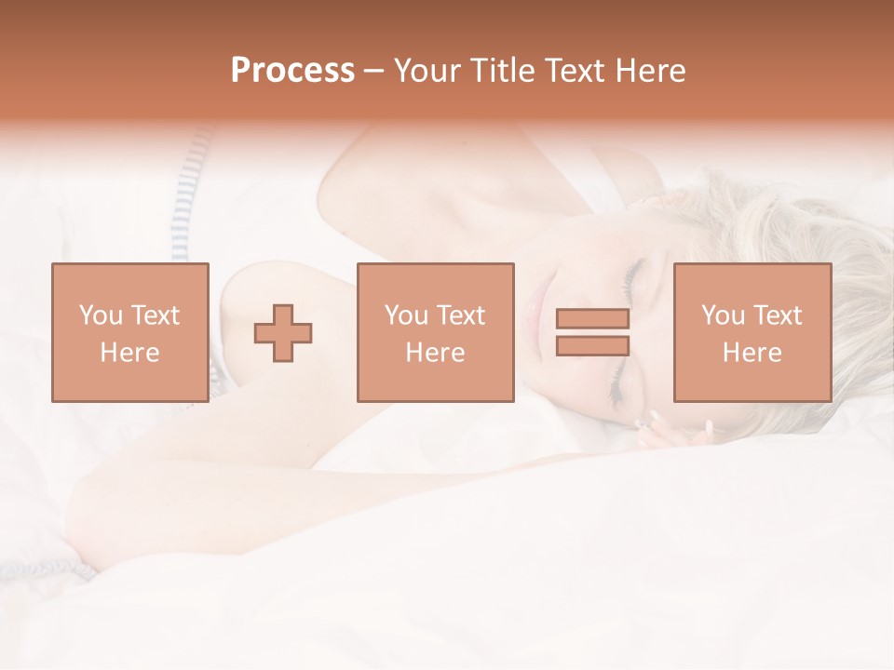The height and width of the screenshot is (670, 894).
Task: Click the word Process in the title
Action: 292,71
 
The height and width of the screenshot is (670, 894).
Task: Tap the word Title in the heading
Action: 501,71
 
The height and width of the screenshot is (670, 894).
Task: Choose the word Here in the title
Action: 652,71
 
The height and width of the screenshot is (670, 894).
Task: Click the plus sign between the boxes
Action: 283,333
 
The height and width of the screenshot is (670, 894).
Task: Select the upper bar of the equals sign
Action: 592,319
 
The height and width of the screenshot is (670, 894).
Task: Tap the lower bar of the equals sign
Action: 592,346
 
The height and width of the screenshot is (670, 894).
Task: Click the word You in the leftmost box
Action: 100,315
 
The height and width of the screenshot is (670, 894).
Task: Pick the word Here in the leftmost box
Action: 129,353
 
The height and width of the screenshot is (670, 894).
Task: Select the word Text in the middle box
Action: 461,315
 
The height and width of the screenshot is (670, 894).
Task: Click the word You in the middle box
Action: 406,315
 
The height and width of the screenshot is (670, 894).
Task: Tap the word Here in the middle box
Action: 435,353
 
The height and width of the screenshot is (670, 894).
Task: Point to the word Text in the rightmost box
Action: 778,315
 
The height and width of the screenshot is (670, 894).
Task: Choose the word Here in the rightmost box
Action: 752,353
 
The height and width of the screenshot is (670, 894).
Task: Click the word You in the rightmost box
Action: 722,315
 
